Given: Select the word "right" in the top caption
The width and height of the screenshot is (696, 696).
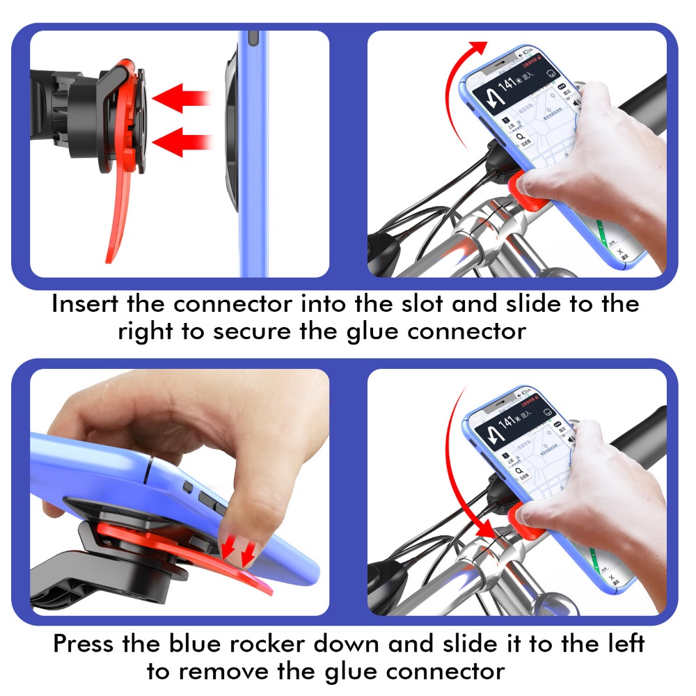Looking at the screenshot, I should (x=145, y=331).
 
